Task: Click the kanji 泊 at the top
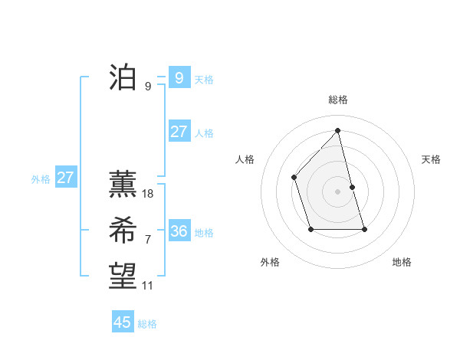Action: [x=123, y=78]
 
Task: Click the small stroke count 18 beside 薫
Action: [x=148, y=194]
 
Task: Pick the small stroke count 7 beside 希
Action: [x=148, y=240]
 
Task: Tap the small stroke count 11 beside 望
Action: [x=148, y=286]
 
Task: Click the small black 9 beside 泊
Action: [x=148, y=87]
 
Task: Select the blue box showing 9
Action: [x=179, y=77]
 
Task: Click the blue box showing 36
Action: [x=179, y=231]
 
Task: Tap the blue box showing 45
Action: [x=123, y=322]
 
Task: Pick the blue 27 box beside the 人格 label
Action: [x=179, y=132]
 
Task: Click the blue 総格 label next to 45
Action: [x=148, y=324]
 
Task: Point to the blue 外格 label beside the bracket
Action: [x=41, y=179]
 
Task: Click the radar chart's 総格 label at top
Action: [x=338, y=100]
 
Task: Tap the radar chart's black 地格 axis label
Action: [x=402, y=263]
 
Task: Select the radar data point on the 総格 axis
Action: [x=337, y=131]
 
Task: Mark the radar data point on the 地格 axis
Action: [x=364, y=229]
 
